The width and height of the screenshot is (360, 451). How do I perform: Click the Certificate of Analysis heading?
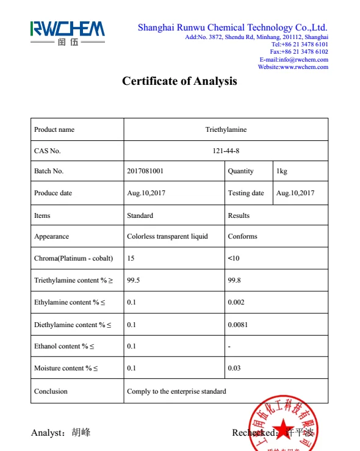pyautogui.click(x=179, y=81)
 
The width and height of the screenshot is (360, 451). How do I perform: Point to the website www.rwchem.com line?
pyautogui.click(x=293, y=67)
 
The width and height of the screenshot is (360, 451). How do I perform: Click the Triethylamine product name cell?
pyautogui.click(x=226, y=129)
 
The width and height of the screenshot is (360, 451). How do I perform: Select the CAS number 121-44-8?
pyautogui.click(x=226, y=151)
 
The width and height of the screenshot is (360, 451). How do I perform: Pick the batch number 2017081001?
pyautogui.click(x=145, y=171)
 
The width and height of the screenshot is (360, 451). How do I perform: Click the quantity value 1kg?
pyautogui.click(x=281, y=171)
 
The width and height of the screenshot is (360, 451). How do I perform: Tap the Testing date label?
pyautogui.click(x=246, y=193)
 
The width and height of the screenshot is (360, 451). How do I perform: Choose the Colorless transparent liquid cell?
pyautogui.click(x=167, y=236)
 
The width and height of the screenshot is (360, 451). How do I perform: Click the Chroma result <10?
pyautogui.click(x=234, y=258)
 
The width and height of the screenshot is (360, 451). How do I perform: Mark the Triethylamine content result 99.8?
pyautogui.click(x=234, y=280)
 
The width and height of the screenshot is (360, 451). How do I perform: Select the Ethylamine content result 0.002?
pyautogui.click(x=236, y=302)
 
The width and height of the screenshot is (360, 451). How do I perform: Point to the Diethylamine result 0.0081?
pyautogui.click(x=238, y=325)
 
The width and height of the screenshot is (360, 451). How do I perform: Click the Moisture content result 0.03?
pyautogui.click(x=234, y=368)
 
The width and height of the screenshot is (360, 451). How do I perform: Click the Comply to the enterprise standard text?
pyautogui.click(x=176, y=391)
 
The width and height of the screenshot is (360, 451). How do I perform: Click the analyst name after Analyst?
pyautogui.click(x=81, y=433)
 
